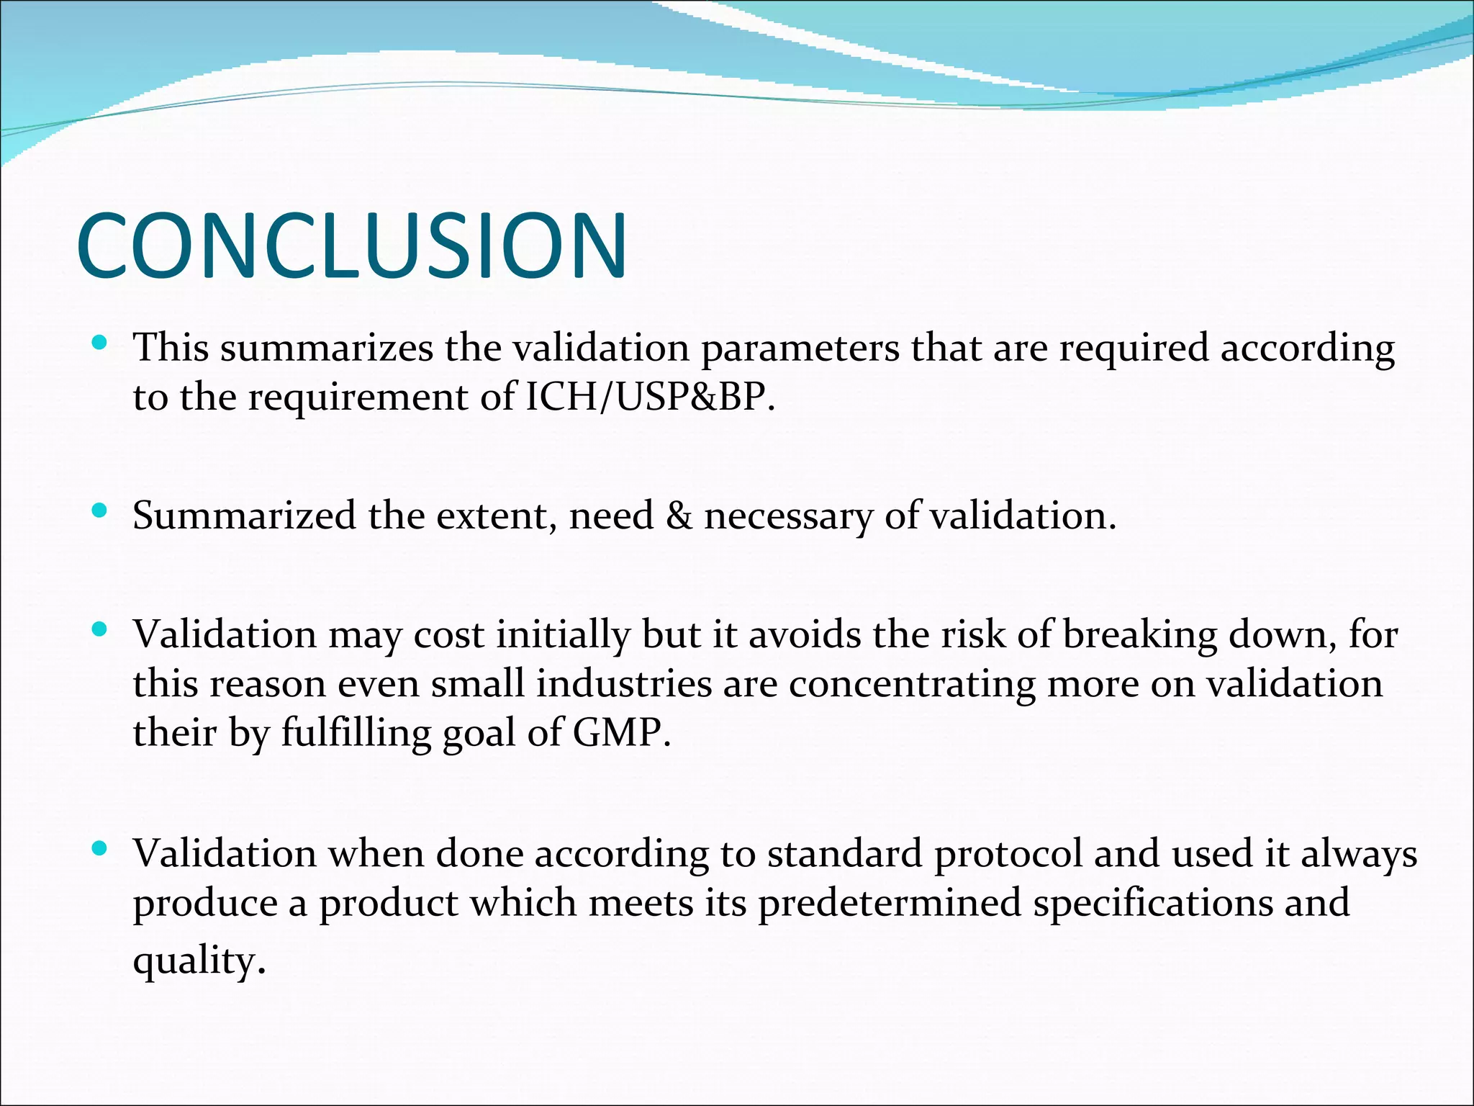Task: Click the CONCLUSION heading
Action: pyautogui.click(x=351, y=246)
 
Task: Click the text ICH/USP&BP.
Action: pyautogui.click(x=651, y=397)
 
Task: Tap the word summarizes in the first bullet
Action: pyautogui.click(x=327, y=349)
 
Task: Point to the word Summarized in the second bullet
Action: pyautogui.click(x=244, y=516)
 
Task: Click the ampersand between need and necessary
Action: pyautogui.click(x=678, y=516)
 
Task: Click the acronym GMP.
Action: pyautogui.click(x=621, y=733)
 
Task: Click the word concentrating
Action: pyautogui.click(x=912, y=685)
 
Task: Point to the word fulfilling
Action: pyautogui.click(x=356, y=734)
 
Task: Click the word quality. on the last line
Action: pyautogui.click(x=199, y=962)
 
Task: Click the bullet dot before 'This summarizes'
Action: pyautogui.click(x=100, y=343)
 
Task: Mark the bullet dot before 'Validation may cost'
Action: pyautogui.click(x=100, y=631)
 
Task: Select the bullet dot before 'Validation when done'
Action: pyautogui.click(x=100, y=849)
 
